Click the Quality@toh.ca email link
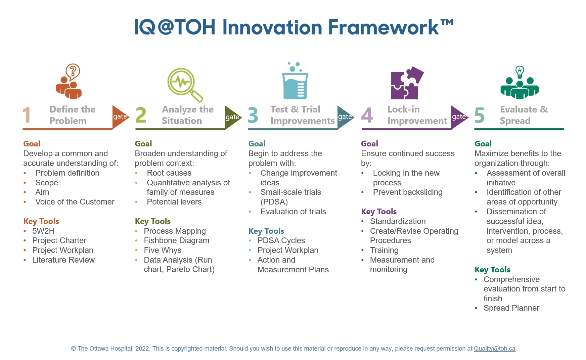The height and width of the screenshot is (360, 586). coord(494,349)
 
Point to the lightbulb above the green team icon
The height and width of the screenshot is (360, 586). coord(520,72)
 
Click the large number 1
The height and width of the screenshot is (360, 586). coord(27,115)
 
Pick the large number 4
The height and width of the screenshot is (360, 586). coord(367,115)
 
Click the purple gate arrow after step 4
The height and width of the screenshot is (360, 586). coord(459,117)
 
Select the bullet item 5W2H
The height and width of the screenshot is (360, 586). coord(43,231)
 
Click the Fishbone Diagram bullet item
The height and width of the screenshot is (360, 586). coord(176,240)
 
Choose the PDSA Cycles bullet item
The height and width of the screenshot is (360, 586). coord(281,240)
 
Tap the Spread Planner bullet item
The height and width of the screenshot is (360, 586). coord(511,308)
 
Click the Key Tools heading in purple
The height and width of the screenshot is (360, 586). coord(379,212)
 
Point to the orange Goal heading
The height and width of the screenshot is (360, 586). coord(32,144)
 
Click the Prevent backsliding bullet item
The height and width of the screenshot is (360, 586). coord(408,192)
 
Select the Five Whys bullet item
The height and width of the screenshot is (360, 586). coord(163,250)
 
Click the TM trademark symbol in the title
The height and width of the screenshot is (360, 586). coord(447,22)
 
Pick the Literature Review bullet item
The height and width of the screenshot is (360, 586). coord(63,260)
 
